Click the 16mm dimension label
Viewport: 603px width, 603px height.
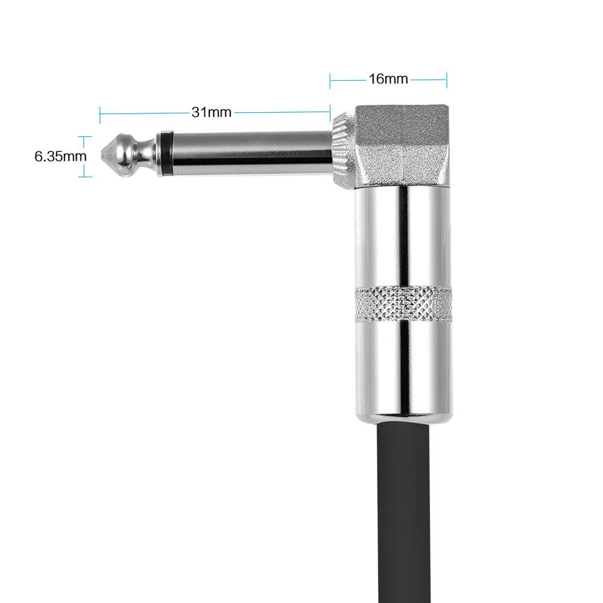(388, 79)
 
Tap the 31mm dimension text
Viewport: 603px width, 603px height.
(212, 112)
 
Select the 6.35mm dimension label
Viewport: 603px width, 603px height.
(60, 157)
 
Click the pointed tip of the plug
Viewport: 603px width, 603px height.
(101, 154)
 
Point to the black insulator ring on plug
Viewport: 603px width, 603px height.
(165, 153)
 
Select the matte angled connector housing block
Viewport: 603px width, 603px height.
(402, 146)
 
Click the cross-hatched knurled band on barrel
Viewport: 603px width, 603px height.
(403, 304)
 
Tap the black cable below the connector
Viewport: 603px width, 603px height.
(403, 511)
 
